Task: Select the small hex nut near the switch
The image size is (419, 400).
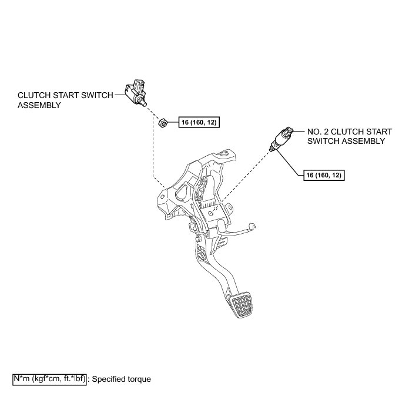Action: [x=165, y=123]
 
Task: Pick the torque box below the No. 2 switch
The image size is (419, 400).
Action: [x=324, y=175]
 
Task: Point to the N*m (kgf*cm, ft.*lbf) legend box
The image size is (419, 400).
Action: [x=50, y=379]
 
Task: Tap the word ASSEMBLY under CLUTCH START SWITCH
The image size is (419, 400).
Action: [x=39, y=106]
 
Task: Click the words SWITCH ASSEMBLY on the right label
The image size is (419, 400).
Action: [x=346, y=141]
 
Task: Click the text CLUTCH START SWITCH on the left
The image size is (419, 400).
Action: [x=65, y=96]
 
